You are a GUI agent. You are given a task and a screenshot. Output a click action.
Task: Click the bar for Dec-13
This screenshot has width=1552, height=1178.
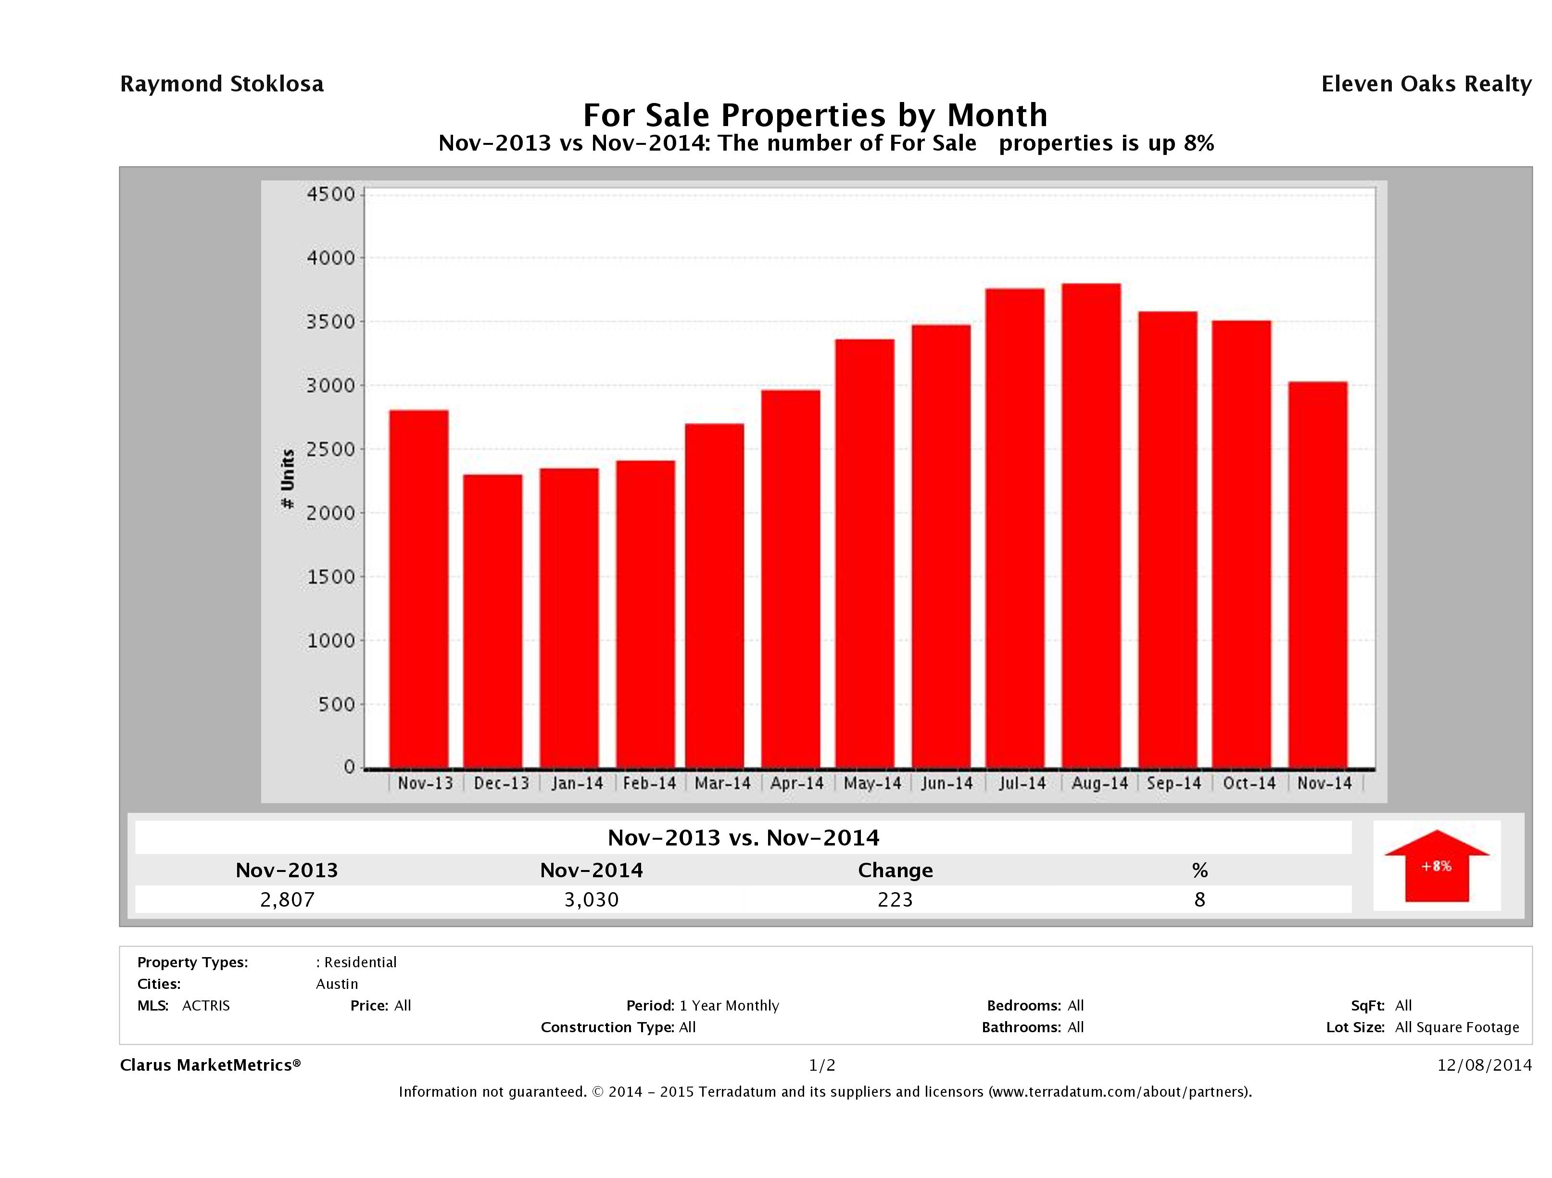coord(492,621)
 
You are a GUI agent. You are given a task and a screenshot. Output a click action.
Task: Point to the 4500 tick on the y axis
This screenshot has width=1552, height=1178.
coord(331,194)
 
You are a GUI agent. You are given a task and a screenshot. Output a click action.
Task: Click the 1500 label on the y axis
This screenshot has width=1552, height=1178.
coord(331,577)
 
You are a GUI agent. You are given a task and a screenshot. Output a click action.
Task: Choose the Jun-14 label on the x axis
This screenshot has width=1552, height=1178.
coord(947,783)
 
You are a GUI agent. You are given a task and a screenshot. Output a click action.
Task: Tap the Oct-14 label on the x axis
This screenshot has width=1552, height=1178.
coord(1249,783)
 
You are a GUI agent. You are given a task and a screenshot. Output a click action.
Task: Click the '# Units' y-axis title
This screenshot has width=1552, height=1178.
coord(288,479)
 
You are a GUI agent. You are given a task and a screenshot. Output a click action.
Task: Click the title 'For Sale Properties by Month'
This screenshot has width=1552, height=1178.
coord(815,115)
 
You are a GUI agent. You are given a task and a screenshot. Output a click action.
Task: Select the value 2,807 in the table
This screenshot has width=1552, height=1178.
coord(287,899)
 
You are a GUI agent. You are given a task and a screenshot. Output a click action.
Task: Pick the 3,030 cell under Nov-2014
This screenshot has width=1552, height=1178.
coord(592,899)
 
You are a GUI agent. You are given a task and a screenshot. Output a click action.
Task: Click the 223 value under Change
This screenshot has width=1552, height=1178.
coord(896,899)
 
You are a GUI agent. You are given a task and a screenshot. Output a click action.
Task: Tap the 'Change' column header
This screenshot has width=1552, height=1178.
coord(896,871)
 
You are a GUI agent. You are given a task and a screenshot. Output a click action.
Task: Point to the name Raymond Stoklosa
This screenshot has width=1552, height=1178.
coord(222,84)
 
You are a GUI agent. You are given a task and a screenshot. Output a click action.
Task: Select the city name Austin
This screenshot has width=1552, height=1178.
coord(337,984)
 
